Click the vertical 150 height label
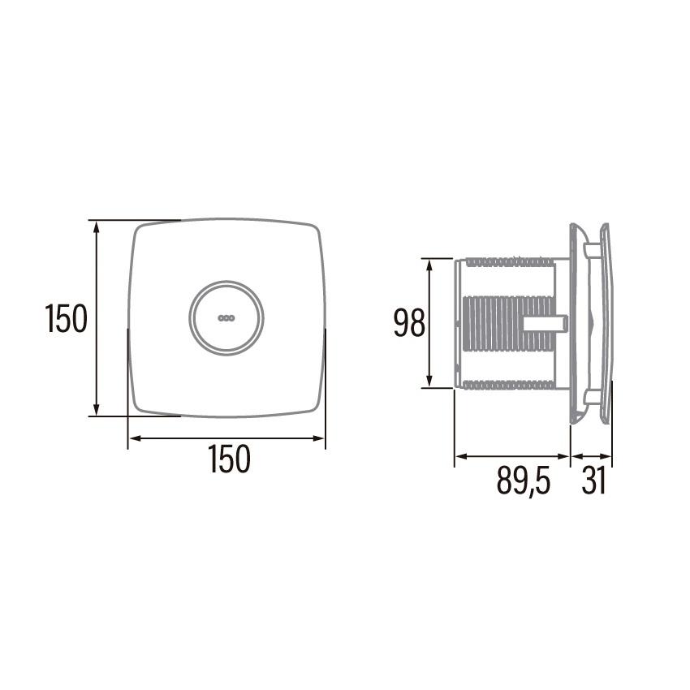click(66, 319)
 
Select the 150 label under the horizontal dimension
click(229, 460)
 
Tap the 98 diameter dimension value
click(409, 324)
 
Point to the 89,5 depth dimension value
click(524, 482)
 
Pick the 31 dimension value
click(593, 482)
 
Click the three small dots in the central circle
click(226, 317)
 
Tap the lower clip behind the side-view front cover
click(592, 397)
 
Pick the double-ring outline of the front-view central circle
click(192, 317)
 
